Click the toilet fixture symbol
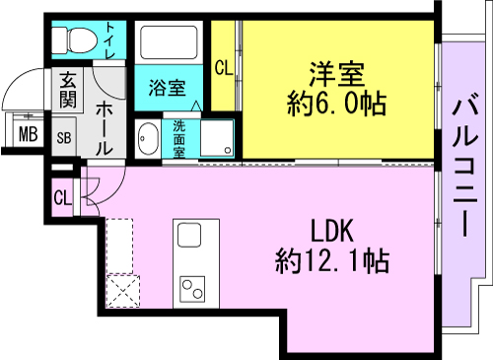click(x=75, y=40)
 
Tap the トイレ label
click(x=110, y=40)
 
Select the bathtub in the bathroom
click(x=169, y=42)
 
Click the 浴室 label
click(x=168, y=88)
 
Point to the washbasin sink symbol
click(x=148, y=138)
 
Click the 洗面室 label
click(x=179, y=139)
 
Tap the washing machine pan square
click(x=217, y=138)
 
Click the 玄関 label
click(x=68, y=90)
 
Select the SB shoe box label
click(x=64, y=138)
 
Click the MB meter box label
click(x=28, y=134)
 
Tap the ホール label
click(x=105, y=129)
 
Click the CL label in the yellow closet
click(x=224, y=68)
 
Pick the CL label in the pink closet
click(x=62, y=198)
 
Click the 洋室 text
click(x=337, y=75)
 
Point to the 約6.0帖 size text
click(x=336, y=104)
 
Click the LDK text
click(x=332, y=231)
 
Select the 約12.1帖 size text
click(x=332, y=261)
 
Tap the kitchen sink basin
click(x=189, y=235)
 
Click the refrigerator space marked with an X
click(x=123, y=291)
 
